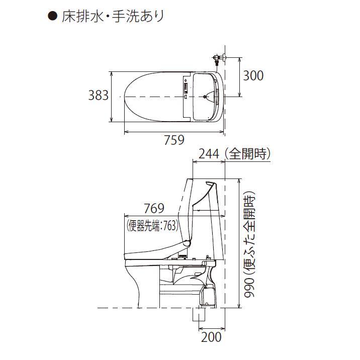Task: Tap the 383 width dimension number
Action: pyautogui.click(x=99, y=95)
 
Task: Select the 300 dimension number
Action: pyautogui.click(x=253, y=75)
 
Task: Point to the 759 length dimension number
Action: pyautogui.click(x=174, y=140)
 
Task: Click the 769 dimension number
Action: pyautogui.click(x=154, y=208)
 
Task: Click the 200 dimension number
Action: pyautogui.click(x=211, y=337)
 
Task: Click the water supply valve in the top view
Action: pyautogui.click(x=217, y=59)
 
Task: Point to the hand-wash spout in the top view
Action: pyautogui.click(x=207, y=96)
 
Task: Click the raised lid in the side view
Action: pyautogui.click(x=190, y=211)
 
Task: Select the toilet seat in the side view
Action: pyautogui.click(x=156, y=253)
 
